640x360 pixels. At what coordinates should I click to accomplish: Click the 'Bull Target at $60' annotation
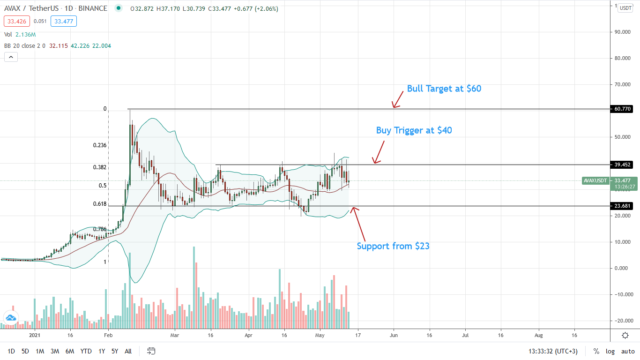(444, 88)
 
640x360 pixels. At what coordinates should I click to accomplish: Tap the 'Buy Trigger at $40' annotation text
(414, 130)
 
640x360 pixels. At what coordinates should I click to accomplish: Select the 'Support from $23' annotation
(393, 246)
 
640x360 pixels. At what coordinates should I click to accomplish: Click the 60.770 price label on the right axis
(622, 109)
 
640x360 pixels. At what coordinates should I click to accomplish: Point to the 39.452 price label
(622, 165)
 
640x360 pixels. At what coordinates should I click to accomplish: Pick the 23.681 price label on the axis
(622, 206)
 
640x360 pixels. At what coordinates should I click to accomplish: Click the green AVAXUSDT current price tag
(595, 180)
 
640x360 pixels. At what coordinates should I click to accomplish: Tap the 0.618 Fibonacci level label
(100, 204)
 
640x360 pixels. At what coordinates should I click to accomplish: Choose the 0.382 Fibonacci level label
(100, 167)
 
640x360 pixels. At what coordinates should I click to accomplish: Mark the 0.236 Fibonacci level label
(100, 145)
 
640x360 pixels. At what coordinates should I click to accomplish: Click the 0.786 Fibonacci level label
(100, 229)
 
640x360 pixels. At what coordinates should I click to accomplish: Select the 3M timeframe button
(55, 351)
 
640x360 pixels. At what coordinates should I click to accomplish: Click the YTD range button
(86, 351)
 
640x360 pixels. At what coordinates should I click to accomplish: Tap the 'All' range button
(128, 351)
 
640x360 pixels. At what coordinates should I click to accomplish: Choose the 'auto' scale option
(628, 351)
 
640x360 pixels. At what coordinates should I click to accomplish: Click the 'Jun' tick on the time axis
(394, 336)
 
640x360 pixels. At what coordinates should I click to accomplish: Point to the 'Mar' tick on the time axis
(175, 336)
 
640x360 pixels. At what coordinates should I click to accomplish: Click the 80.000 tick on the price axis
(623, 58)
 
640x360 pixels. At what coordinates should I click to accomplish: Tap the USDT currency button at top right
(625, 8)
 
